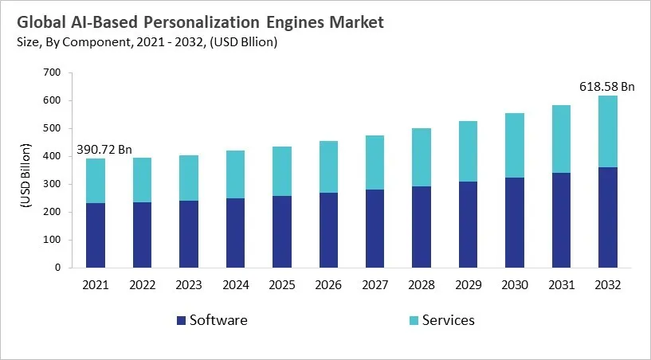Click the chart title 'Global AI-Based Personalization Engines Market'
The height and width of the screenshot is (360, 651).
point(197,22)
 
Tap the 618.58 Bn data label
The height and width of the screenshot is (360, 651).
point(606,86)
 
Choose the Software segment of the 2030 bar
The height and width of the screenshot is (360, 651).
point(516,222)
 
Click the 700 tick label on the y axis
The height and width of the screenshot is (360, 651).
point(53,72)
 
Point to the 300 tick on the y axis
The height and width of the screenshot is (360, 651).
point(53,184)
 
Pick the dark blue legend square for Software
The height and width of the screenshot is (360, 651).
point(182,320)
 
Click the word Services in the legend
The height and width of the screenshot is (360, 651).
point(448,320)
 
